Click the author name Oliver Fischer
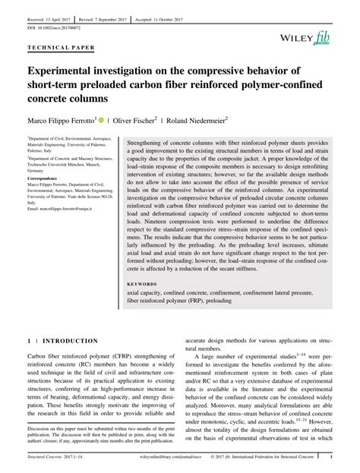tap(137, 120)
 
